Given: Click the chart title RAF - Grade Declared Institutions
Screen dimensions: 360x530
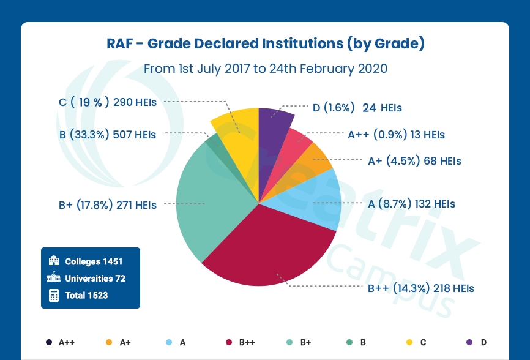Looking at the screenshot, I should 265,44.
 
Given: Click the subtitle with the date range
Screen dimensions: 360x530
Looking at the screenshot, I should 265,68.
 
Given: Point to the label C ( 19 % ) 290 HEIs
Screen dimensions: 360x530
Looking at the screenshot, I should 108,102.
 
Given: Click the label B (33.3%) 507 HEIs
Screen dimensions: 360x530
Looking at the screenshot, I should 108,134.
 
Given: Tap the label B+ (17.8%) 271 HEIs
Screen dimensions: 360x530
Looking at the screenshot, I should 108,205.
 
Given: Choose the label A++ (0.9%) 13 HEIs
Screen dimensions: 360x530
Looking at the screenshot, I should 396,134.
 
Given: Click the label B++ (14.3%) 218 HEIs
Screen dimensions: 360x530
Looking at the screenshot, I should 420,287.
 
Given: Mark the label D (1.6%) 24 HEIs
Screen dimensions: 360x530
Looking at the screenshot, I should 357,108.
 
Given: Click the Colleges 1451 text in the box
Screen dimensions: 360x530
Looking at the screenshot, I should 94,261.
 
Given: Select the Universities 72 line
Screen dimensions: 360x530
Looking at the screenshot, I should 95,279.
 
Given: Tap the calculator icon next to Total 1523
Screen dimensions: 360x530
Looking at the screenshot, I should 54,295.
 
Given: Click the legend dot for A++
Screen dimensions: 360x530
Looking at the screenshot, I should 48,342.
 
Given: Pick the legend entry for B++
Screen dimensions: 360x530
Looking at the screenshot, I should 242,342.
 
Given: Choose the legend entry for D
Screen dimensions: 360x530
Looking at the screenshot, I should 477,342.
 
